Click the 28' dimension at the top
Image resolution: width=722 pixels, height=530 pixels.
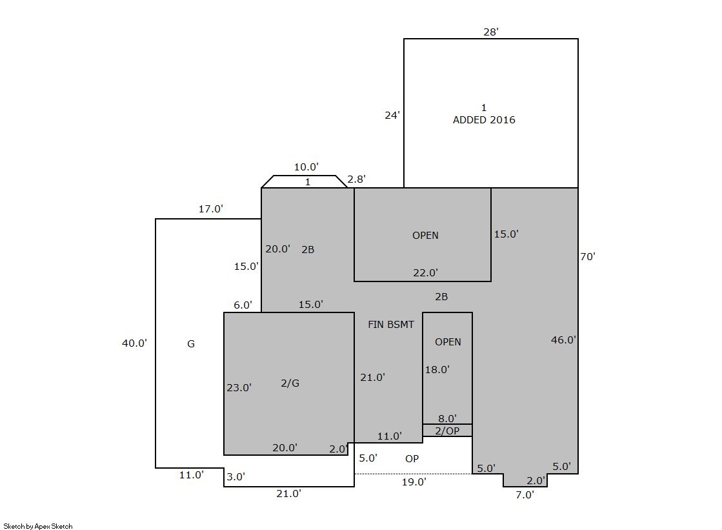491,32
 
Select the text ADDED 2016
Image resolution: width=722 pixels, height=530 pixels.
484,120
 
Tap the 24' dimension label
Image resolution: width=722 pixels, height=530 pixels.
392,115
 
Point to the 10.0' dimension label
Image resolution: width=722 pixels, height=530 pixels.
306,167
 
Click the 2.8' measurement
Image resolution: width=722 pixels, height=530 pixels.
356,179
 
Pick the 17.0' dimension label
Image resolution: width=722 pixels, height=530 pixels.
211,209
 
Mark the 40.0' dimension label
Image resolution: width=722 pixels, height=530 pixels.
134,343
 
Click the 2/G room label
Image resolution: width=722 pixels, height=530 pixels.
290,383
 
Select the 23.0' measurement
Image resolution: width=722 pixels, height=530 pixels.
239,387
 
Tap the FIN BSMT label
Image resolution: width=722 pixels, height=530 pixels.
391,325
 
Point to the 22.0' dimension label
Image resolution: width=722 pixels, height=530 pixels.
425,273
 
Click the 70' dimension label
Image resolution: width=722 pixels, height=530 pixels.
588,257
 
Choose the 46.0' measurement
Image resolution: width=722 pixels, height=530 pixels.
564,340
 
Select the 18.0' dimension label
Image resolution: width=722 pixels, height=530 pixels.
437,370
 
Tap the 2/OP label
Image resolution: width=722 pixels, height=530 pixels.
447,431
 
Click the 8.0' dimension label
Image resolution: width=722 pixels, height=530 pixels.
447,418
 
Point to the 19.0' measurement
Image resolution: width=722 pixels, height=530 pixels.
414,482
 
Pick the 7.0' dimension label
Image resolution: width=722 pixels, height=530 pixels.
525,495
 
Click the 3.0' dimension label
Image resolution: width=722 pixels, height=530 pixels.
236,477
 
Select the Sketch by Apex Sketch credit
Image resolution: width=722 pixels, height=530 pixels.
38,526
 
